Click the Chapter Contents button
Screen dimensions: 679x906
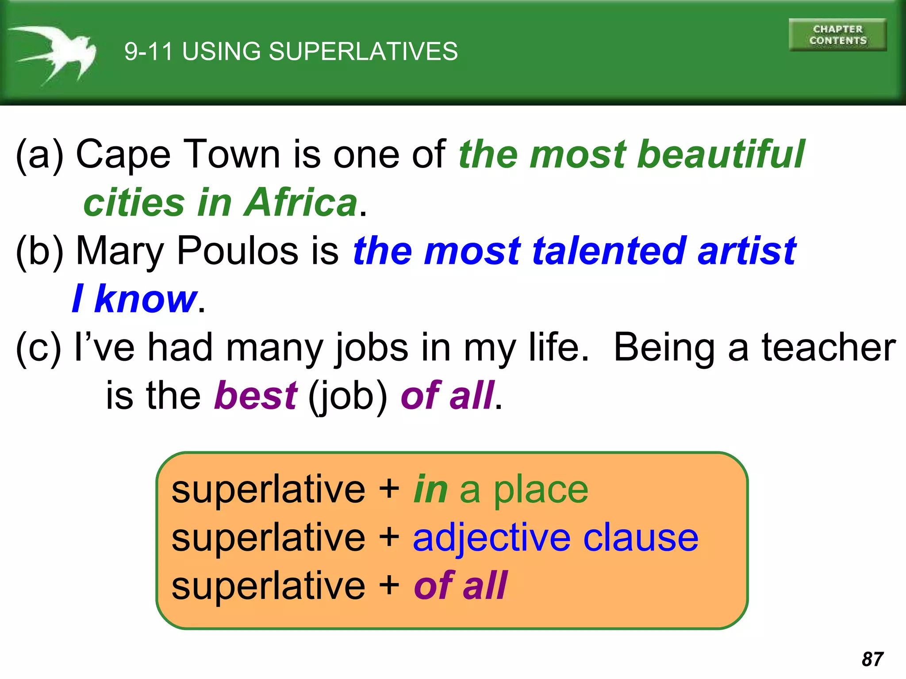pyautogui.click(x=837, y=35)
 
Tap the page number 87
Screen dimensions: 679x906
pyautogui.click(x=872, y=659)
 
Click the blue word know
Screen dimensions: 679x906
pyautogui.click(x=146, y=299)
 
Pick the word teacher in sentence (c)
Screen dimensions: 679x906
pyautogui.click(x=829, y=347)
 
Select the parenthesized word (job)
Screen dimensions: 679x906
pyautogui.click(x=348, y=396)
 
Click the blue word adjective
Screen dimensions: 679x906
pyautogui.click(x=491, y=538)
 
